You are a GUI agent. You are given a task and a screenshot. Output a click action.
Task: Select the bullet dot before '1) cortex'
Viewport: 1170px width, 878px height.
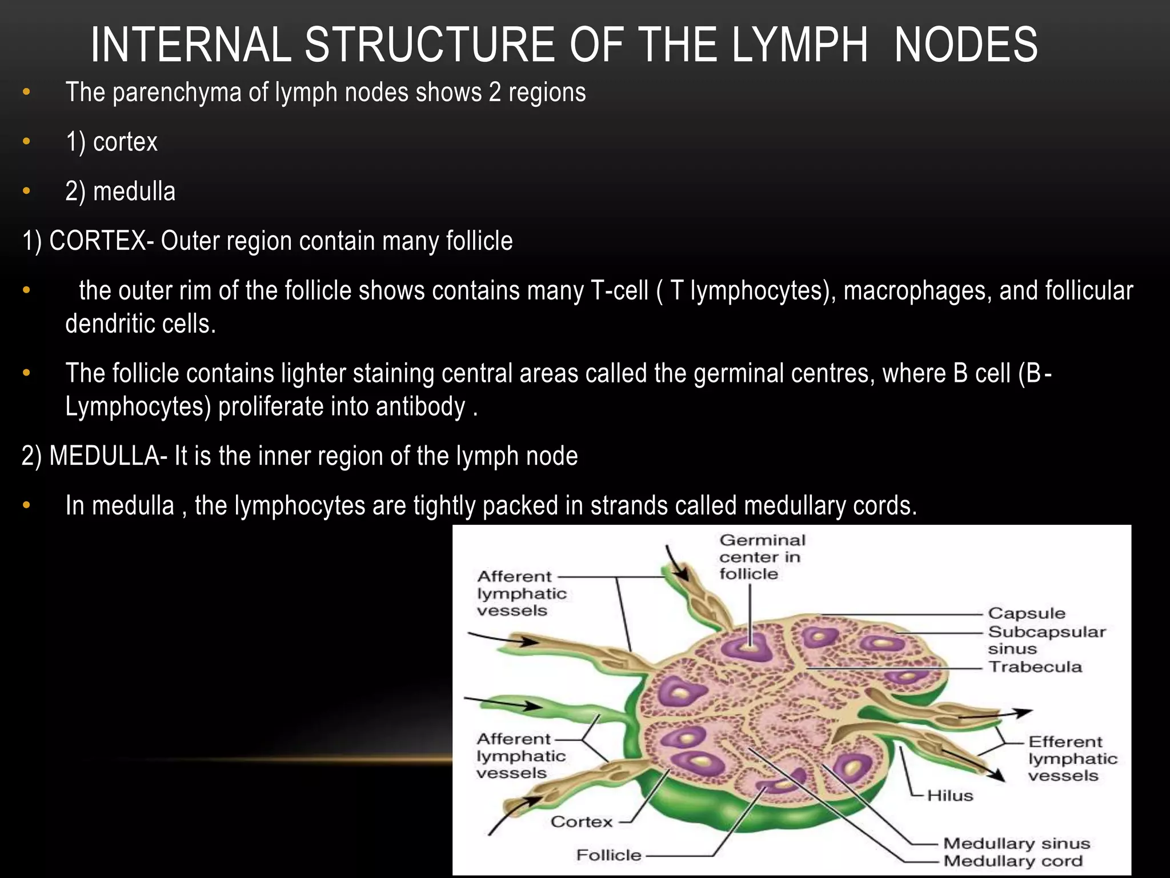click(x=26, y=142)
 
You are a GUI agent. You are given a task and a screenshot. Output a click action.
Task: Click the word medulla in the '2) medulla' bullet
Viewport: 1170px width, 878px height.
click(x=134, y=191)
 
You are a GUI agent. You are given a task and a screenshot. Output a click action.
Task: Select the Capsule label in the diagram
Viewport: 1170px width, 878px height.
click(x=1027, y=613)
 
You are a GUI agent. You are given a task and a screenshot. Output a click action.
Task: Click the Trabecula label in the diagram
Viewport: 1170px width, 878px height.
click(x=1035, y=667)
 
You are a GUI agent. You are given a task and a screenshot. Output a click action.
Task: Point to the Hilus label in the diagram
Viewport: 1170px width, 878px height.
click(x=950, y=796)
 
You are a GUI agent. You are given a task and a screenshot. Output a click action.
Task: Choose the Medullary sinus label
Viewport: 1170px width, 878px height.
click(x=1016, y=844)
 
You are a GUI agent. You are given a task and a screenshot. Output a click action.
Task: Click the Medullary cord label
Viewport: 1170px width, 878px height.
click(x=1013, y=861)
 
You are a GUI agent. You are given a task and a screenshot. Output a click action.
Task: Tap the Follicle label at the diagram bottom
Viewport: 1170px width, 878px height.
click(x=609, y=855)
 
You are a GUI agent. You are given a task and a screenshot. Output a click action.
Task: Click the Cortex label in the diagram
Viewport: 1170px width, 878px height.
click(x=582, y=822)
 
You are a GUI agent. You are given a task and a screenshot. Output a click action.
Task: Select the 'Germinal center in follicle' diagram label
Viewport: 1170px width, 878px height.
click(x=762, y=557)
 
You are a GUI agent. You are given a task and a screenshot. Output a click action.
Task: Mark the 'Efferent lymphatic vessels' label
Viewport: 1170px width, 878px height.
click(x=1072, y=759)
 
